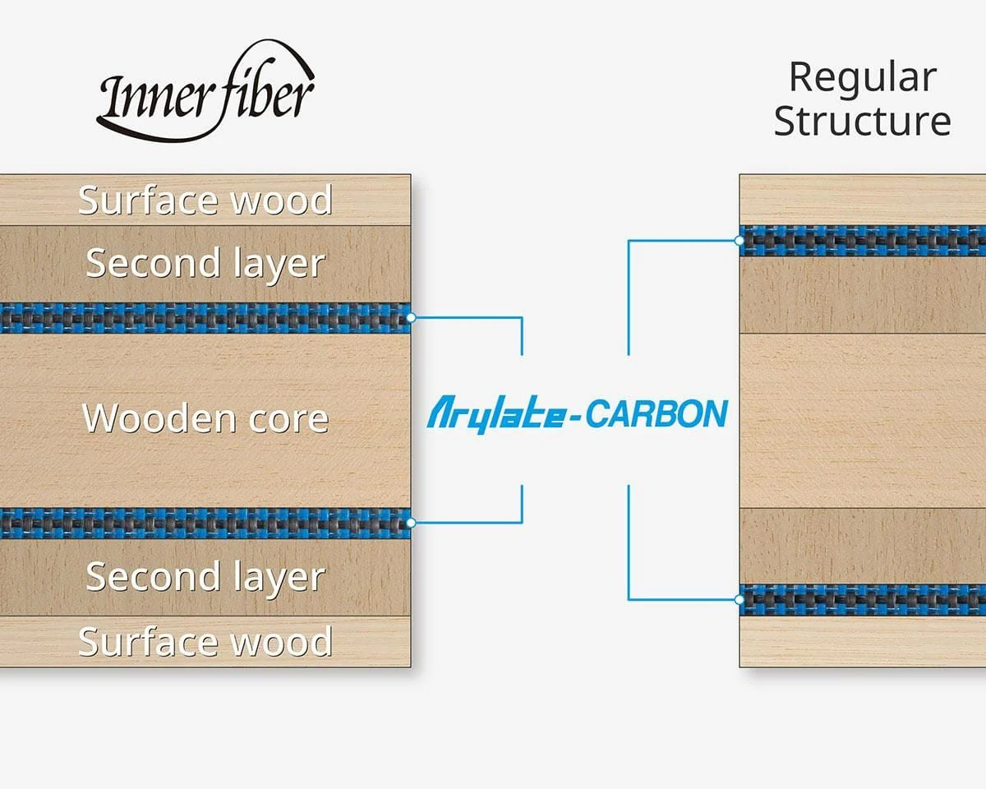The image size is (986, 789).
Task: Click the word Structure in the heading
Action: [862, 121]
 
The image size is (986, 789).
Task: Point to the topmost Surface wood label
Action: [205, 200]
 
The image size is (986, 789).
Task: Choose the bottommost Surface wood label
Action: [205, 641]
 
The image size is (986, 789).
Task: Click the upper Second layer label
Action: [205, 265]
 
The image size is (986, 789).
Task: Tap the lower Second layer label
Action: [205, 578]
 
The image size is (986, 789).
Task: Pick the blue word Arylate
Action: [495, 415]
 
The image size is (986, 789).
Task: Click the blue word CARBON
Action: [657, 414]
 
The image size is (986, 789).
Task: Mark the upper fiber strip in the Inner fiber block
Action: [205, 318]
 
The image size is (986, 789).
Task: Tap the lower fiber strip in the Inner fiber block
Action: [205, 523]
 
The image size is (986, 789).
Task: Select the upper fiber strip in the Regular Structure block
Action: [862, 241]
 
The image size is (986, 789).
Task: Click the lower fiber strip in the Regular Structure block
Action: [862, 600]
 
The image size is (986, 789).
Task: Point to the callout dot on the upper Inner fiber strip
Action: [411, 317]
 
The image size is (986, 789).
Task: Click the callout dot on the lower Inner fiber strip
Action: [411, 523]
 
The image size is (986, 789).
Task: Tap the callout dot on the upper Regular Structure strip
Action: [739, 241]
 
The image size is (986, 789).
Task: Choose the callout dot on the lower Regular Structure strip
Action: [739, 599]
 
